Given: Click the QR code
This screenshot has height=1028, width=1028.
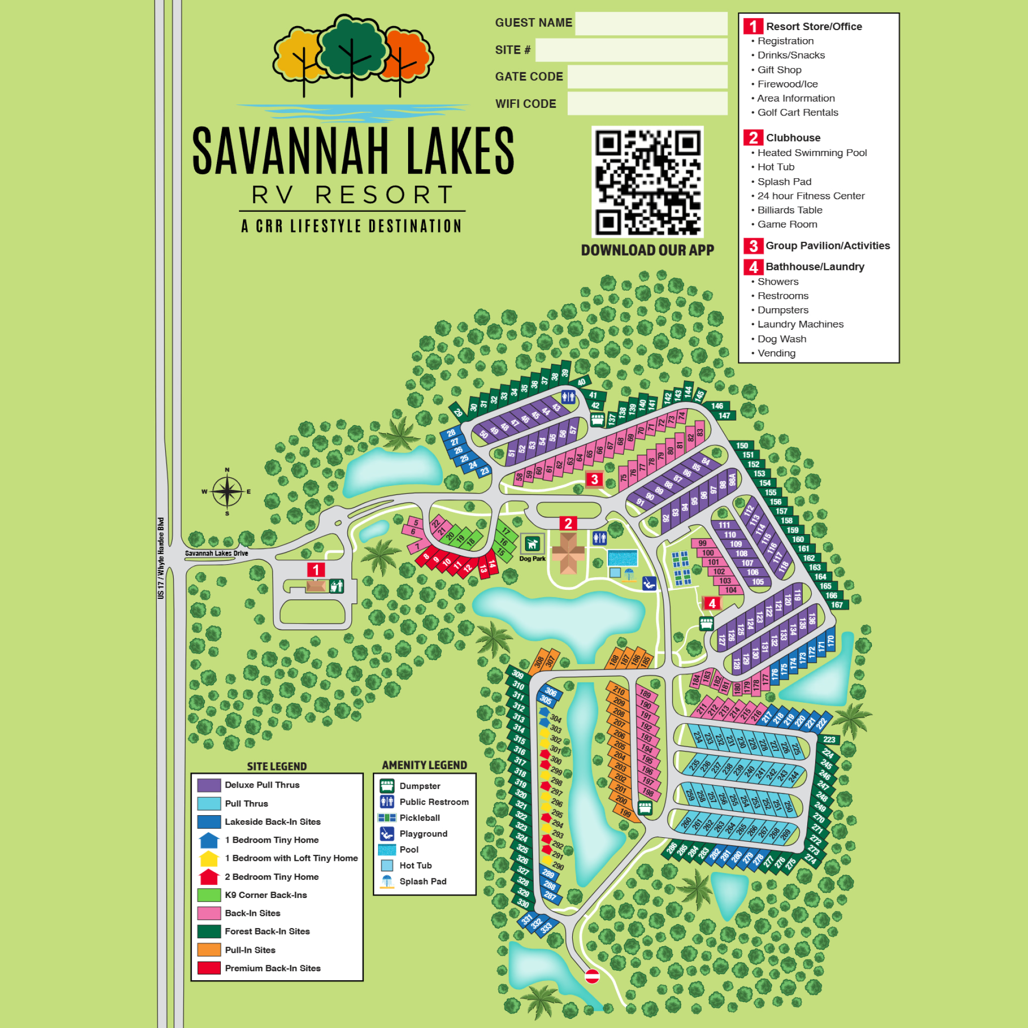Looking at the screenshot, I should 647,182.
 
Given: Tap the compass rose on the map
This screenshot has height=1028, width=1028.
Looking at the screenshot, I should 227,491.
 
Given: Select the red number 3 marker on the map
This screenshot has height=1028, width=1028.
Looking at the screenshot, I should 594,479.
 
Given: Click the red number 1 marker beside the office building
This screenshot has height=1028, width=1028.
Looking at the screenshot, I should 316,570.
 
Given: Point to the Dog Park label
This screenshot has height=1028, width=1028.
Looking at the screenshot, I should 532,559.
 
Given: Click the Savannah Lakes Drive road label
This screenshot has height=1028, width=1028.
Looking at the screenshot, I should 216,553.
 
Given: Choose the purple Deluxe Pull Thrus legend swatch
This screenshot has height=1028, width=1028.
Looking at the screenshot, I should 209,786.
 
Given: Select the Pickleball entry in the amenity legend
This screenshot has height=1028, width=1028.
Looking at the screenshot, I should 419,818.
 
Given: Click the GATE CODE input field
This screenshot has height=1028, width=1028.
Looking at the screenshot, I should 647,77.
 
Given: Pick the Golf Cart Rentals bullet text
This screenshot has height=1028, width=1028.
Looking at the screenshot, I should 797,112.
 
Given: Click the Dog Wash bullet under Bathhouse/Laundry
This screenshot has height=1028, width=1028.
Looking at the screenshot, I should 781,339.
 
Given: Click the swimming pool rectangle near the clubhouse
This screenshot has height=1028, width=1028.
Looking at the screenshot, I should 622,559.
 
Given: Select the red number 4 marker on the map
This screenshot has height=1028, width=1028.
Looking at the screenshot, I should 712,603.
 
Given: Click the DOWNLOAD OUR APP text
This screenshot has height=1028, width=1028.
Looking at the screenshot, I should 647,250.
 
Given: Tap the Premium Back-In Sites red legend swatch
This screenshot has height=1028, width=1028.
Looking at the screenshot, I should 209,968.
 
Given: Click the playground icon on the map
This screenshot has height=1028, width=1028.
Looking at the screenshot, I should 649,584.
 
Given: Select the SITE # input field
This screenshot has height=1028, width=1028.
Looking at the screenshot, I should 631,50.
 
